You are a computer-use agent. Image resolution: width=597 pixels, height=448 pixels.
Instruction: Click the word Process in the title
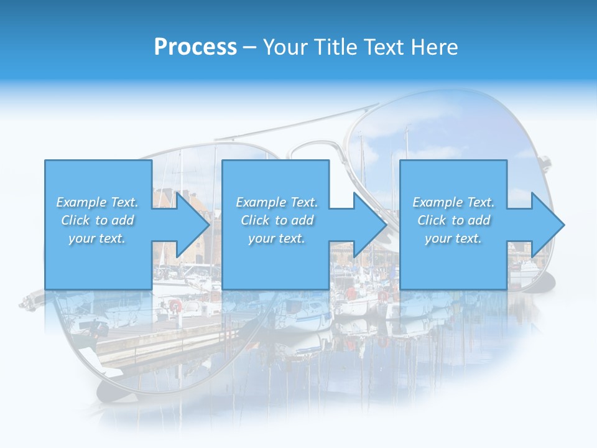point(195,47)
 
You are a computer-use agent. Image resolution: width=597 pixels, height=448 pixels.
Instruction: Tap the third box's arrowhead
point(547,225)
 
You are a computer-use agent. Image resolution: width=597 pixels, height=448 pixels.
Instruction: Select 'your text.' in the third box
point(453,238)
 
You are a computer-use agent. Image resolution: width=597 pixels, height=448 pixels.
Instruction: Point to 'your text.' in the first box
point(96,238)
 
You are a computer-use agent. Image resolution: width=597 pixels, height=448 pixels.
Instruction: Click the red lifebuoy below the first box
point(175,305)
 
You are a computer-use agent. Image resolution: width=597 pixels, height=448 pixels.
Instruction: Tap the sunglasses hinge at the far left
point(28,303)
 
